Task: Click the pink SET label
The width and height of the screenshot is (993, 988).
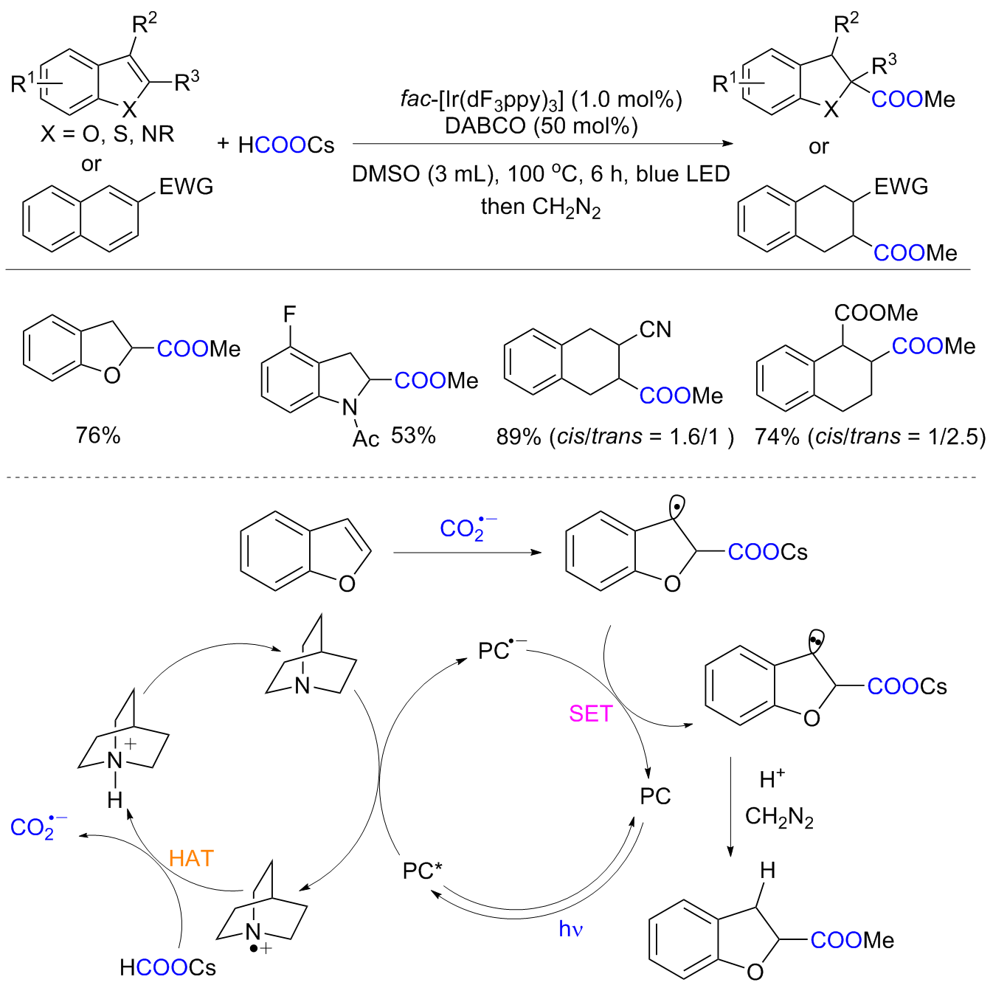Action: (590, 714)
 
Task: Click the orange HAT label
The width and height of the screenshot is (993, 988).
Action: (191, 858)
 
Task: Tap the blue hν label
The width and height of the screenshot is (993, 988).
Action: (570, 929)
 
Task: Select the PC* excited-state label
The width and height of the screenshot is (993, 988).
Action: (422, 871)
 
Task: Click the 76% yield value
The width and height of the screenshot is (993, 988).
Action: (97, 435)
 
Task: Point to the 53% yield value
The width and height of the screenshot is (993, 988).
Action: (413, 435)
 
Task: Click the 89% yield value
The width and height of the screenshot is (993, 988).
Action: (519, 437)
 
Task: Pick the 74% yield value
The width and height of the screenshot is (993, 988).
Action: (777, 437)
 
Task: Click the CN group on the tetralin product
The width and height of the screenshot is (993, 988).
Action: (655, 329)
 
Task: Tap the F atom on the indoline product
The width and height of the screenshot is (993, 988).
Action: (289, 315)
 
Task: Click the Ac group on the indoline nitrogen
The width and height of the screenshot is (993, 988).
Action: (366, 440)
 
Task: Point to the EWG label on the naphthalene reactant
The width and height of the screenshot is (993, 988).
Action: (186, 187)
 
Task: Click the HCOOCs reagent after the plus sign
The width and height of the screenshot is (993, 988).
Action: (286, 145)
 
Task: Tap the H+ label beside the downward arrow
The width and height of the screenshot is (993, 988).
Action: (772, 778)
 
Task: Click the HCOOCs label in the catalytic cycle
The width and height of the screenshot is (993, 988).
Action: (167, 967)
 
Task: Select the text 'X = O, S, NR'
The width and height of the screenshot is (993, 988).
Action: (107, 134)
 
